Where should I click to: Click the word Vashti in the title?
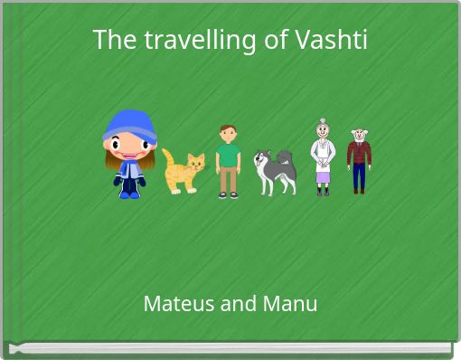coord(336,41)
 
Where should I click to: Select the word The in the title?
coord(113,41)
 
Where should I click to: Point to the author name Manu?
coord(288,304)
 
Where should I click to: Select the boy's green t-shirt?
coord(229,155)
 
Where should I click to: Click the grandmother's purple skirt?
coord(323,175)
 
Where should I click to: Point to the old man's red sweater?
coord(360,151)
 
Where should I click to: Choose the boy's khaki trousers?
coord(229,178)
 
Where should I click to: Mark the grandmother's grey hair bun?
coord(322,121)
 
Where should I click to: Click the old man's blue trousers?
coord(360,175)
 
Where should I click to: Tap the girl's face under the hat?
coord(128,146)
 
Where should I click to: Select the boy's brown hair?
coord(227,128)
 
